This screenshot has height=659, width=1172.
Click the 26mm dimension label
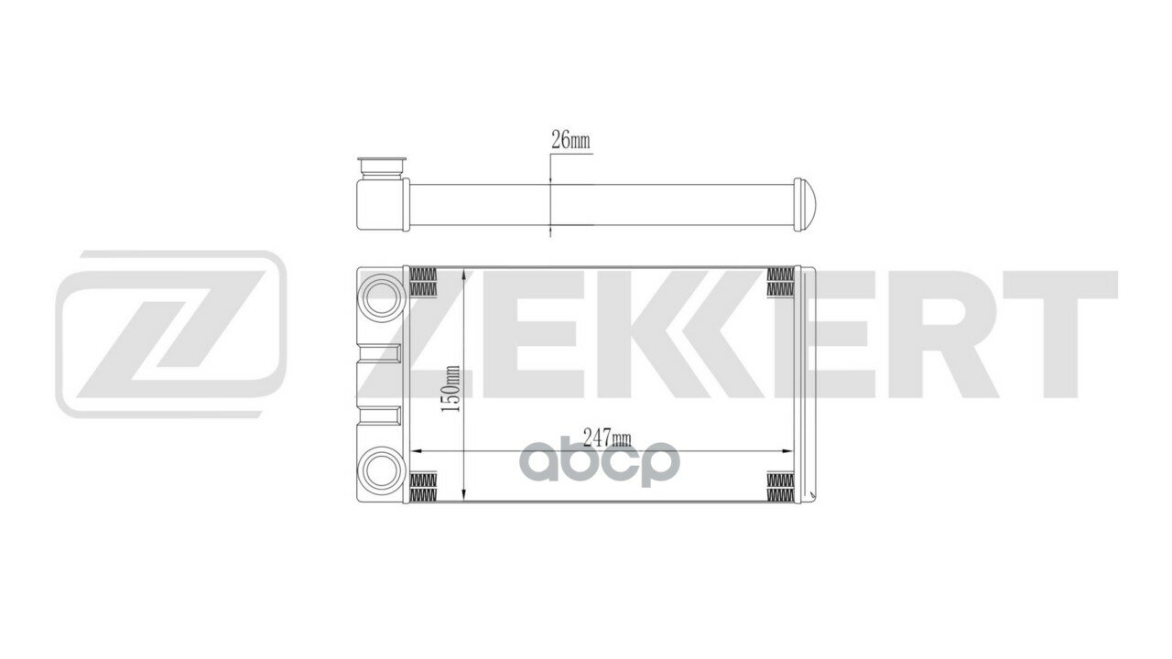coord(570,141)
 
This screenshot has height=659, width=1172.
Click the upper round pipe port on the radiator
coord(381,297)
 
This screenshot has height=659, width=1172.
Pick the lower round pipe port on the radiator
coord(381,470)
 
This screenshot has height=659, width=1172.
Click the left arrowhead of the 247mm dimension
coord(413,451)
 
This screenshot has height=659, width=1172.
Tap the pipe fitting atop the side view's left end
coord(382,168)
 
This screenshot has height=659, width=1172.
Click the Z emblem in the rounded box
coord(170,333)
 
